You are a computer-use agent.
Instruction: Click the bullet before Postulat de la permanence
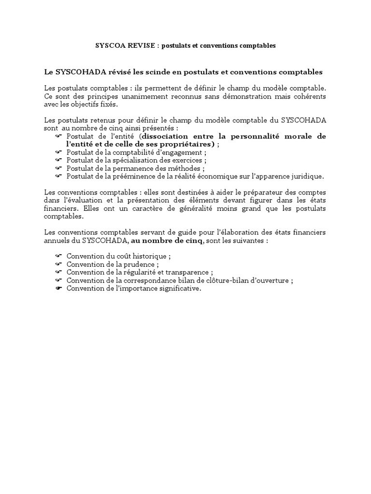tap(59, 168)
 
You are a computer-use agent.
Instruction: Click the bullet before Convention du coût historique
tap(59, 256)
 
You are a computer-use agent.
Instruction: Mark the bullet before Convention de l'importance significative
tap(59, 288)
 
